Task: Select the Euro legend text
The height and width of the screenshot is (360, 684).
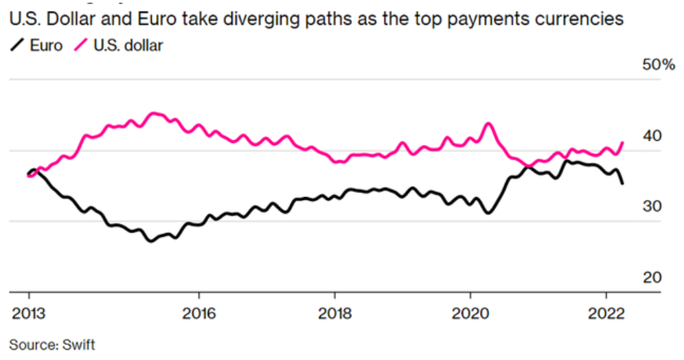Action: point(46,46)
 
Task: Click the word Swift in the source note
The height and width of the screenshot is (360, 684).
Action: point(78,344)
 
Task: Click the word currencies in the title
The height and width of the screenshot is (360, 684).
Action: point(582,19)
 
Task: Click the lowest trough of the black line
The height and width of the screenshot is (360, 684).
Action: point(150,241)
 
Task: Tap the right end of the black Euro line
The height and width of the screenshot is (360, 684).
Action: point(623,183)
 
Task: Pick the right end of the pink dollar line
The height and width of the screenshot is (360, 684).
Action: point(623,143)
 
